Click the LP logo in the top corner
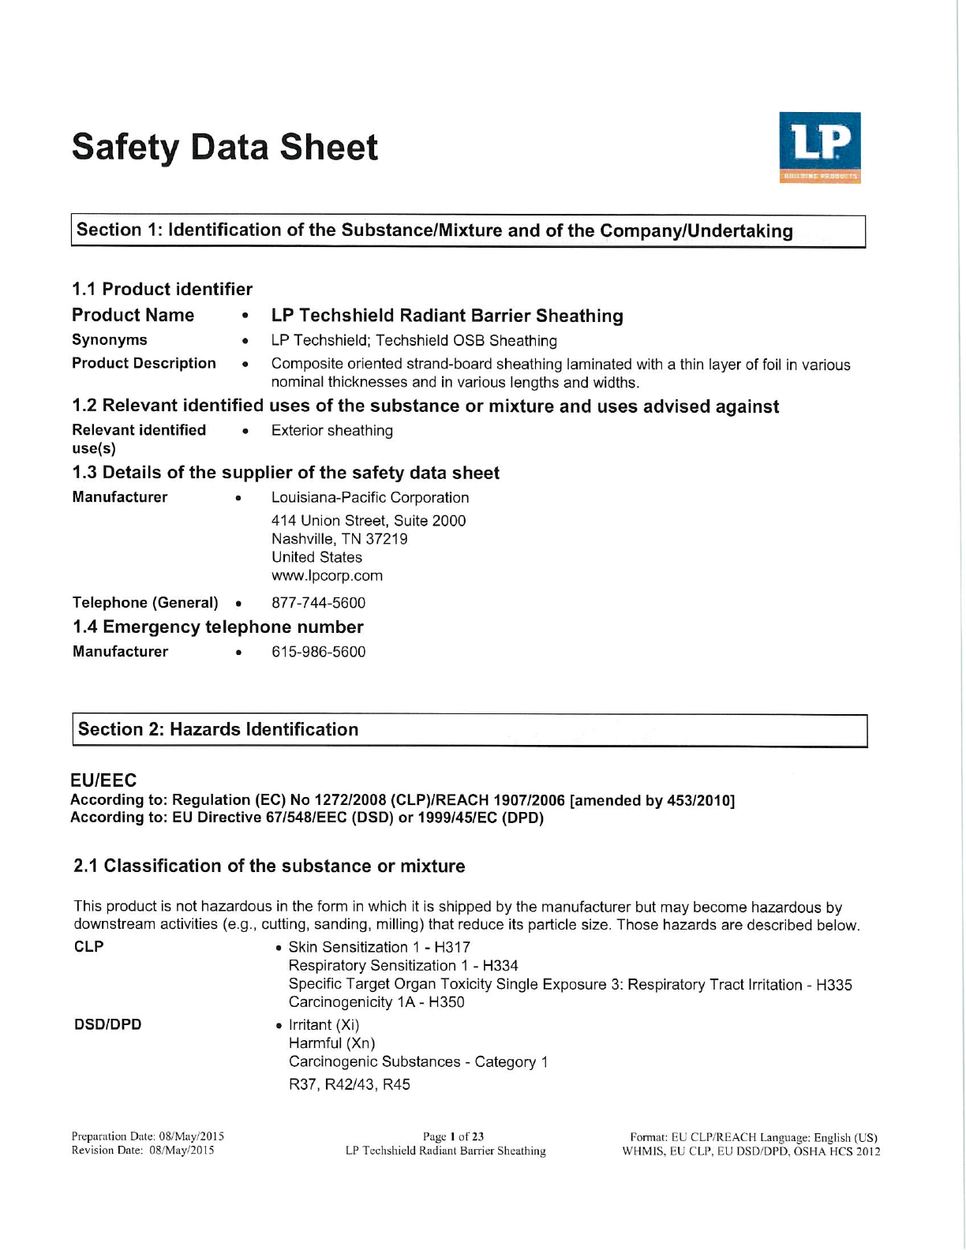(819, 148)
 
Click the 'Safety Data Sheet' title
(225, 148)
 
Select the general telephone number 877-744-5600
(318, 603)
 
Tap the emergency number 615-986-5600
(318, 652)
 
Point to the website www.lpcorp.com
(327, 575)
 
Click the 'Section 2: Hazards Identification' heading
(218, 729)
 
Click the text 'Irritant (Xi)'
(324, 1024)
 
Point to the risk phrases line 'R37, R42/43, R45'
(349, 1084)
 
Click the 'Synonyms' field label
(109, 340)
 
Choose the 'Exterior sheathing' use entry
(331, 431)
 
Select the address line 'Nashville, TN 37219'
(339, 539)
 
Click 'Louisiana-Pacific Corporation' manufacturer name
(369, 498)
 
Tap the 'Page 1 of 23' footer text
(453, 1136)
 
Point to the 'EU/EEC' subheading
(103, 780)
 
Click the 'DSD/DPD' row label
(107, 1024)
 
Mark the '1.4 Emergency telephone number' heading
(218, 627)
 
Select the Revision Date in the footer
(143, 1151)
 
